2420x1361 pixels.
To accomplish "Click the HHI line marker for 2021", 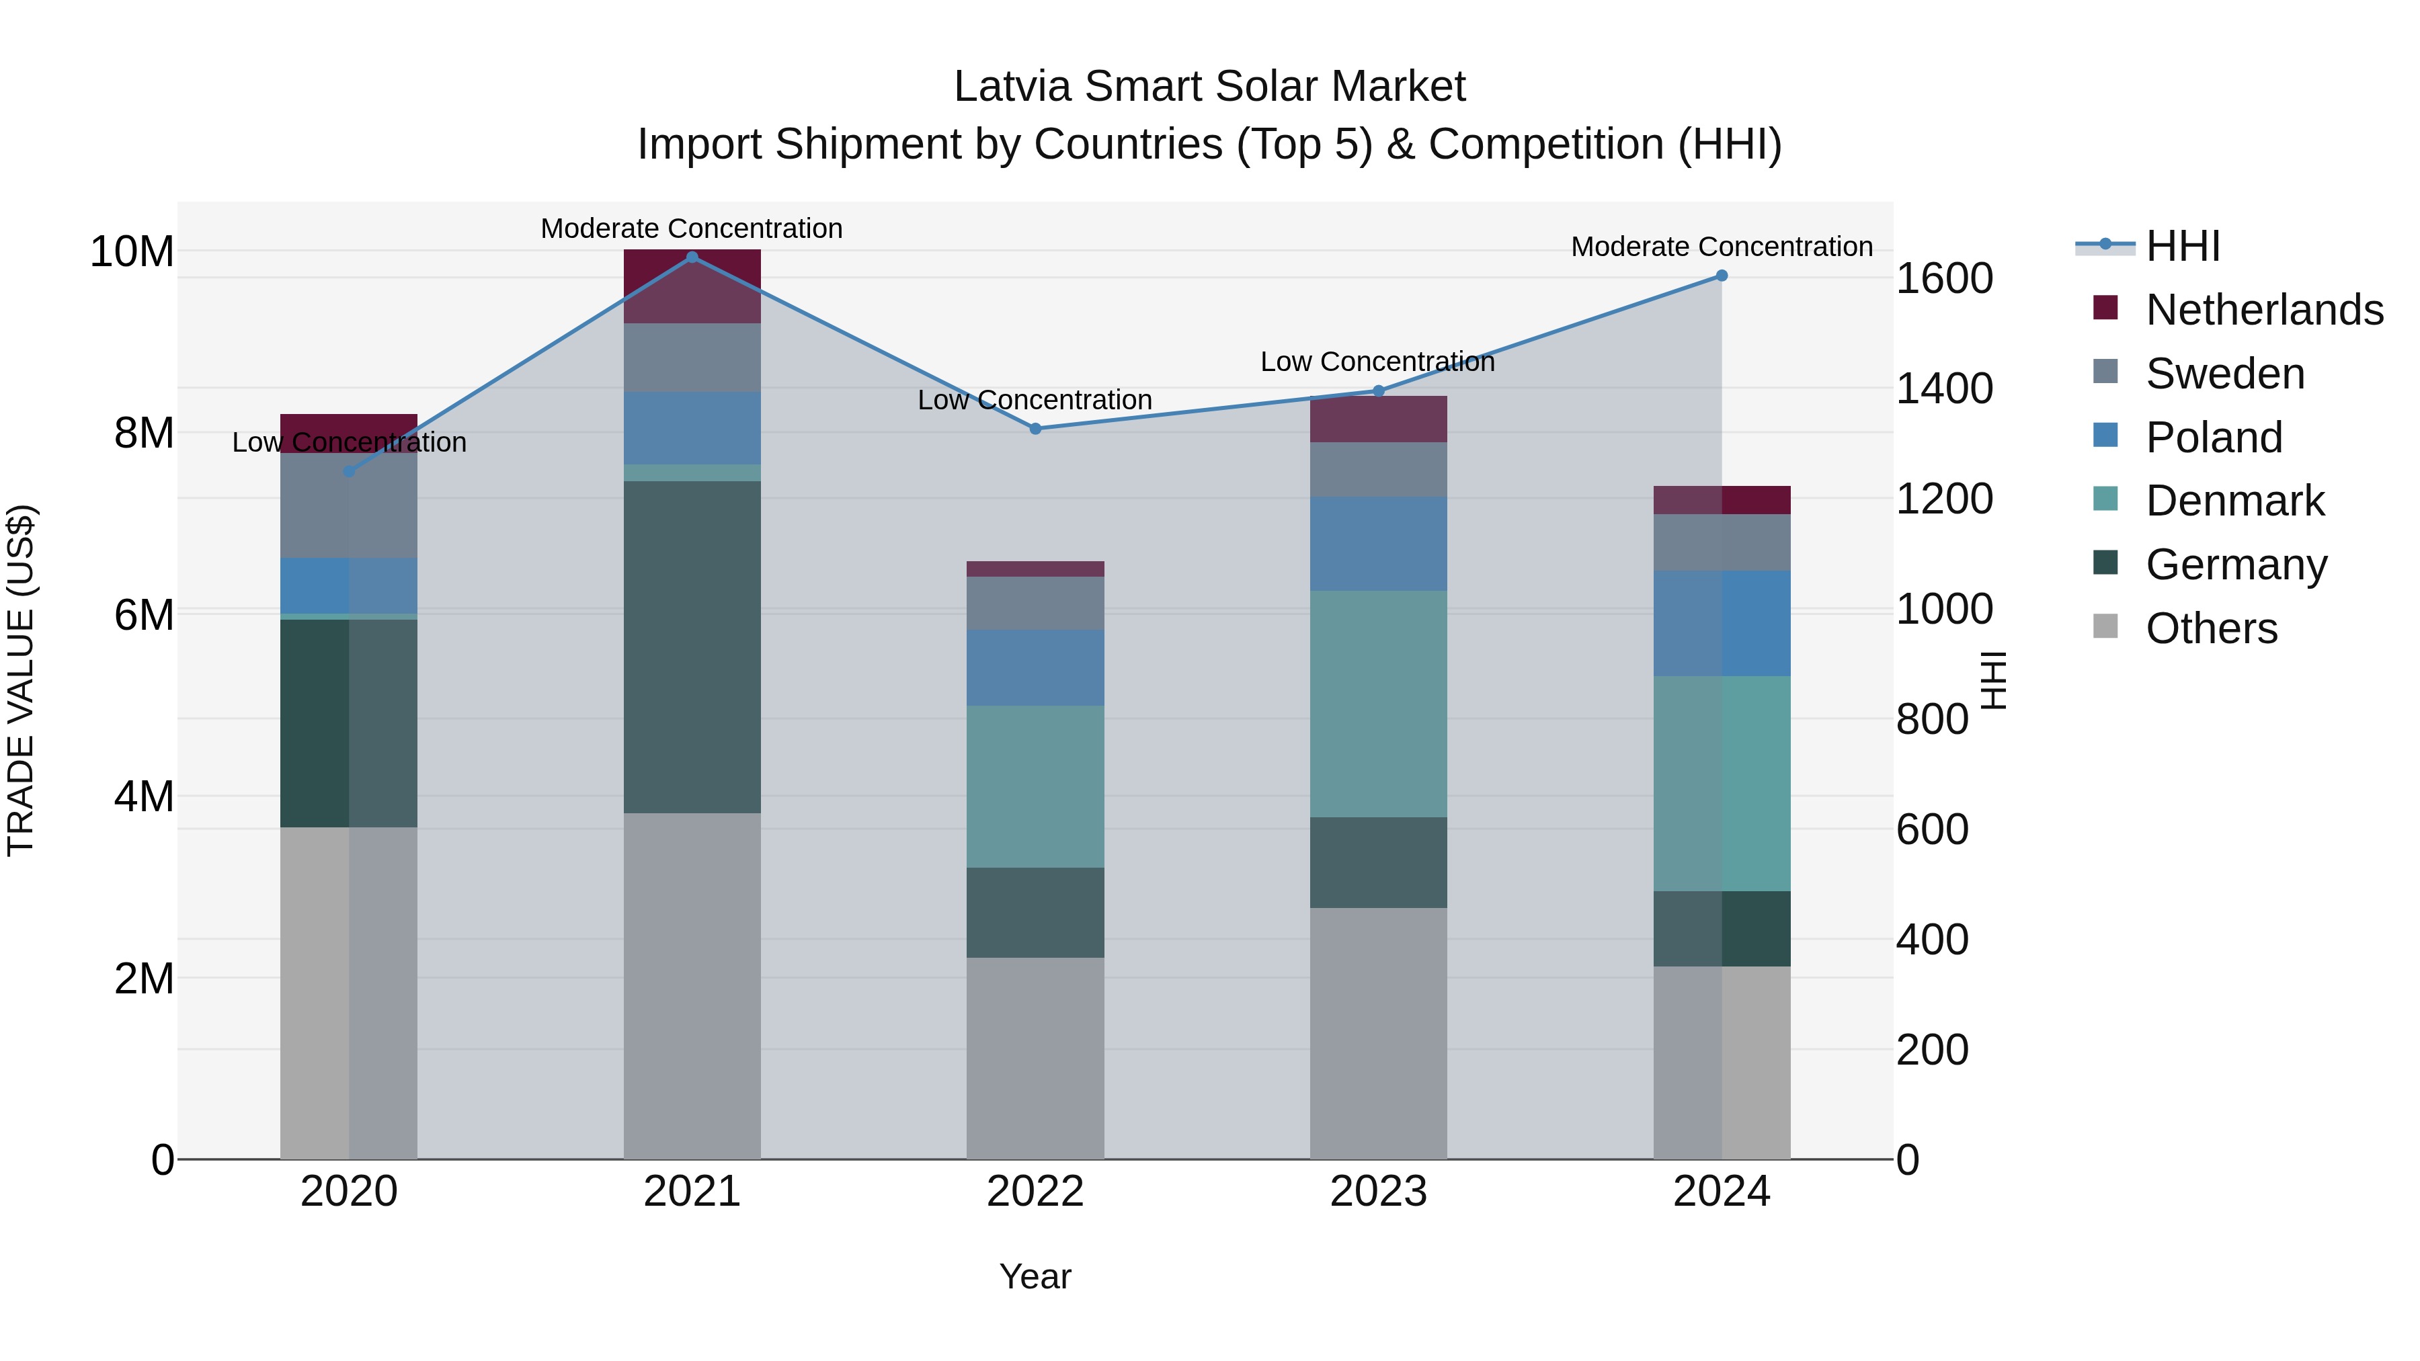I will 692,257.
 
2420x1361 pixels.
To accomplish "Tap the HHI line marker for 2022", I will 1035,428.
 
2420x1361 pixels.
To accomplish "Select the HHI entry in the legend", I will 2182,246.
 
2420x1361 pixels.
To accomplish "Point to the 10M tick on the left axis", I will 132,252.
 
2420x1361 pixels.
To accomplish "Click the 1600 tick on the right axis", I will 1943,279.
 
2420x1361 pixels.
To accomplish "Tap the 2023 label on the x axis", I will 1378,1192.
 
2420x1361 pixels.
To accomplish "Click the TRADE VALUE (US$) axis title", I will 21,680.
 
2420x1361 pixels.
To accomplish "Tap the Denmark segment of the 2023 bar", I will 1378,704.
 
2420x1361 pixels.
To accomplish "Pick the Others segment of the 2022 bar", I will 1035,1058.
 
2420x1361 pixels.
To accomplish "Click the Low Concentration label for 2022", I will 1035,400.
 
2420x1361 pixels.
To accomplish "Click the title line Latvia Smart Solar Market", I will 1209,87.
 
